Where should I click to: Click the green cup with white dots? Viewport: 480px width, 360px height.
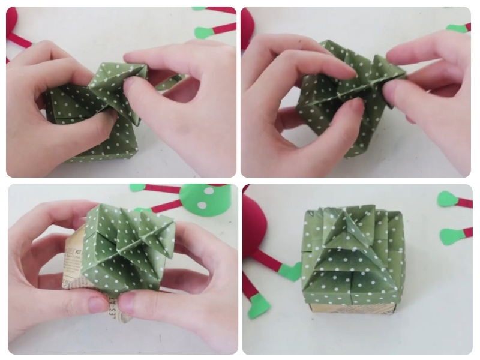coord(207,201)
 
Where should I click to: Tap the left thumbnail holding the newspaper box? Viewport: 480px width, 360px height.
coord(98,304)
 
